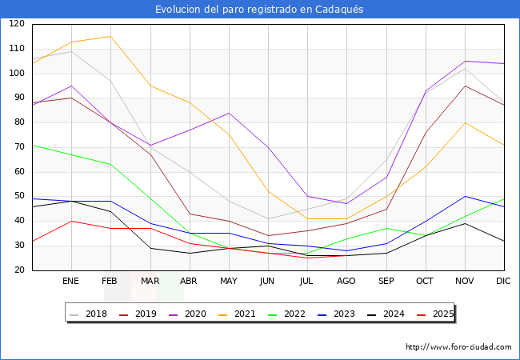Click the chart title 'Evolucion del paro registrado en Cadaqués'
tap(259, 9)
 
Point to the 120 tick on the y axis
tap(17, 24)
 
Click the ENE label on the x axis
tap(71, 282)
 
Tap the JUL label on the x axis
tap(307, 282)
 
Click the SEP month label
tap(386, 282)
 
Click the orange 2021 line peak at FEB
tap(110, 36)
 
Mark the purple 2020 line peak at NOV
tap(465, 61)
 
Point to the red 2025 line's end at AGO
tap(346, 255)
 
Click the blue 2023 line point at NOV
tap(465, 196)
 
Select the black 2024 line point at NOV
tap(465, 223)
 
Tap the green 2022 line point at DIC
tap(504, 199)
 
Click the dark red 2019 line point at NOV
tap(465, 86)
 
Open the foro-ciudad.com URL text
tap(458, 347)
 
